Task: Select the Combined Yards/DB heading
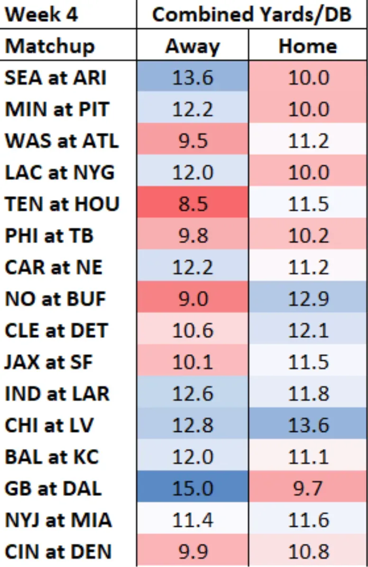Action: click(252, 14)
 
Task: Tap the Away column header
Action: click(193, 46)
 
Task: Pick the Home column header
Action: click(308, 46)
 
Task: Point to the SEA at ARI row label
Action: click(55, 77)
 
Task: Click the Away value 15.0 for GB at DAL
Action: click(193, 488)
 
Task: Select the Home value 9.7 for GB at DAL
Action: click(308, 488)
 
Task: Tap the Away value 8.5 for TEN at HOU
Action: click(193, 204)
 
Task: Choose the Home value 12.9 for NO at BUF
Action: click(308, 299)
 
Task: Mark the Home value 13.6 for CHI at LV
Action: click(308, 425)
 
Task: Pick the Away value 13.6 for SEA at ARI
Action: click(193, 77)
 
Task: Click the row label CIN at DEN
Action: click(58, 551)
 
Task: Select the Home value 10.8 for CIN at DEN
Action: click(308, 551)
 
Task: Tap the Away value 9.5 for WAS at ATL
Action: click(193, 141)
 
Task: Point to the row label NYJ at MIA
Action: click(58, 520)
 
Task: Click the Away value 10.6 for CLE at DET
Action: click(193, 330)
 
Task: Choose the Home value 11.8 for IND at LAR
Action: click(308, 393)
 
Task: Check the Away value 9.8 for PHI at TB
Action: click(193, 236)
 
